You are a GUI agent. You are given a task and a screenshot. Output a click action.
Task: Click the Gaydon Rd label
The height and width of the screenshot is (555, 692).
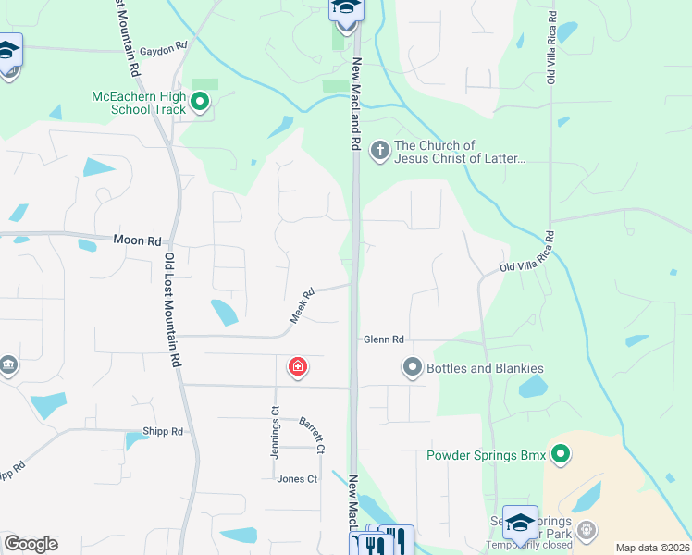pos(167,44)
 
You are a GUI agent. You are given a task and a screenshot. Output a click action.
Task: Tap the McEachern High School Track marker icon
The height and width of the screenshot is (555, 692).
pos(199,98)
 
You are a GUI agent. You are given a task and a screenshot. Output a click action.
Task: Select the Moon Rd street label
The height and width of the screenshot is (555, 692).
pos(137,240)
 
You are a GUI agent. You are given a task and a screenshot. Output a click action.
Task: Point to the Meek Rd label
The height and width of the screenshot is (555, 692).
pos(303,305)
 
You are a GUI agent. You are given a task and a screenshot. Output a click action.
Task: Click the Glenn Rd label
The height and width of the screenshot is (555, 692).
pos(384,339)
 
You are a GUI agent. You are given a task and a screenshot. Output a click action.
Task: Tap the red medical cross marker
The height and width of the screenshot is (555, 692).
pos(298,368)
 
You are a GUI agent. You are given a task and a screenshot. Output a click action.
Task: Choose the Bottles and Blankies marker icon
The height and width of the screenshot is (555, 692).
pos(412,368)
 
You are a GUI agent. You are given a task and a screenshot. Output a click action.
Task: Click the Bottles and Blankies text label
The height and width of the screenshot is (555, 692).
pos(485,368)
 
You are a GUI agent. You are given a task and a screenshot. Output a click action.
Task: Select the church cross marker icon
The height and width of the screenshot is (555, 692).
pos(379,149)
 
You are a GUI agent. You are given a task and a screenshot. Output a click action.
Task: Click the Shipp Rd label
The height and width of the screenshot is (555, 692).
pos(163,431)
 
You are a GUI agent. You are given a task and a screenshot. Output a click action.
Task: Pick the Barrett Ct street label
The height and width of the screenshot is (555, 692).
pos(312,435)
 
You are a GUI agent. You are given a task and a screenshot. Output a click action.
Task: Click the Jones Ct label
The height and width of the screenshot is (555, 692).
pos(297,479)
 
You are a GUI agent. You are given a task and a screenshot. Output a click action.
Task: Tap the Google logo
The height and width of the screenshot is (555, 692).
pos(31,544)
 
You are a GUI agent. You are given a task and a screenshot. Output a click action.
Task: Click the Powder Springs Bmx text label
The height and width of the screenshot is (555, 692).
pos(486,455)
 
